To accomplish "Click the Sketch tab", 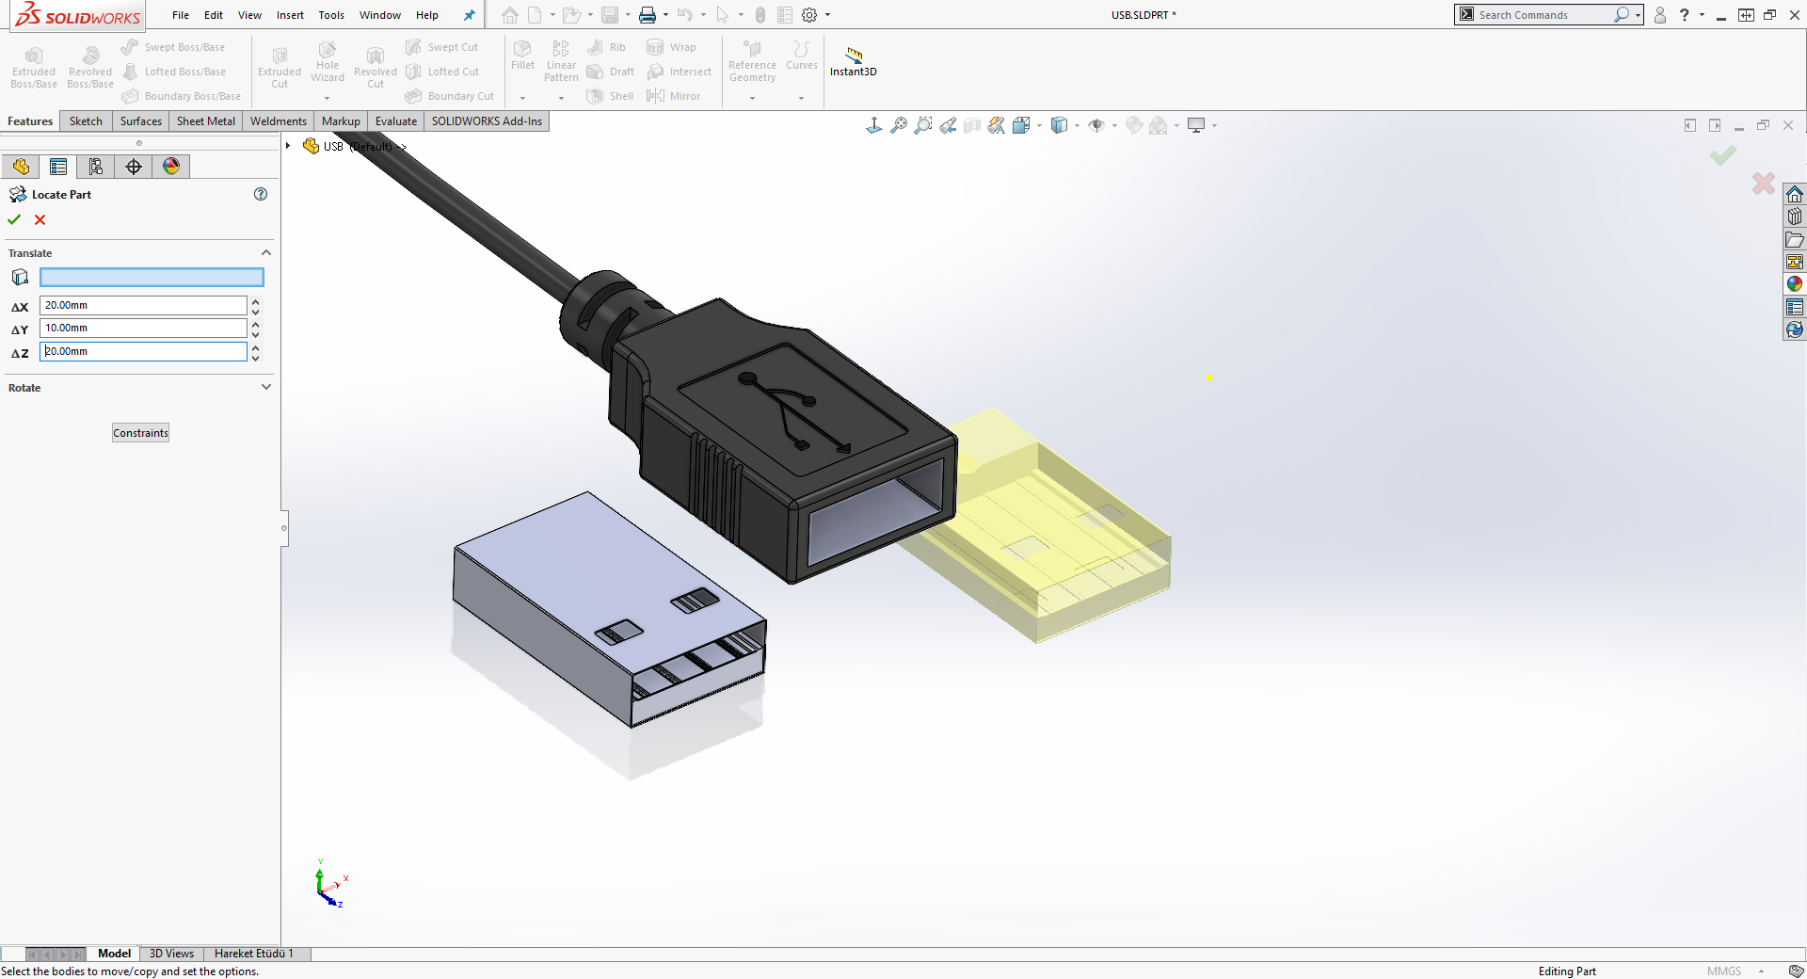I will coord(86,121).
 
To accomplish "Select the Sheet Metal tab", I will coord(205,121).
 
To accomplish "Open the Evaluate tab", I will coord(395,121).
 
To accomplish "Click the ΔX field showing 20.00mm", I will coord(143,305).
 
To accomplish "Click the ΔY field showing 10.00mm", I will coord(143,328).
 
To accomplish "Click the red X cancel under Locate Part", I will coord(40,219).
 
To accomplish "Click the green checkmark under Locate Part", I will coord(14,219).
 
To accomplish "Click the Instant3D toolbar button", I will coord(853,61).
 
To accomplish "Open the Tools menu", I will coord(331,15).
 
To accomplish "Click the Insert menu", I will coord(290,15).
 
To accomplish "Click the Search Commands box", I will coord(1543,15).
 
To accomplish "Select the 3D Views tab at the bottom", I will coord(171,954).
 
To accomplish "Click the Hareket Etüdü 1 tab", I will coord(253,954).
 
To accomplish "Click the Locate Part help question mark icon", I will coord(261,194).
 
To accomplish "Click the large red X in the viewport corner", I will coord(1763,183).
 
